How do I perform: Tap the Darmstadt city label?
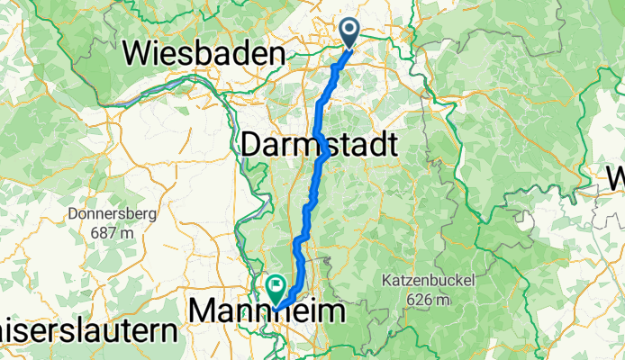320,144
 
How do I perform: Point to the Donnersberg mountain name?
113,215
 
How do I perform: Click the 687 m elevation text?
113,231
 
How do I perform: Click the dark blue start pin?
349,33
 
